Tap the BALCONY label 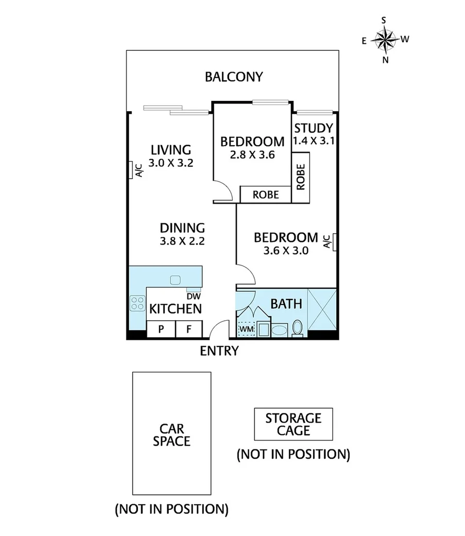tap(234, 77)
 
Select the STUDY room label tap(313, 128)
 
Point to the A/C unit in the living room tap(133, 170)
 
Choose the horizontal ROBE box tap(266, 195)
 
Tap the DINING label tap(182, 228)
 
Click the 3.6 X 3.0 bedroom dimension tap(286, 251)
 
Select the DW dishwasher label tap(193, 296)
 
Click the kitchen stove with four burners tap(137, 303)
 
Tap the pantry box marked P tap(161, 330)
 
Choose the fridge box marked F tap(190, 330)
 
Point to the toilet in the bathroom tap(297, 328)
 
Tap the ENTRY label tap(219, 351)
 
